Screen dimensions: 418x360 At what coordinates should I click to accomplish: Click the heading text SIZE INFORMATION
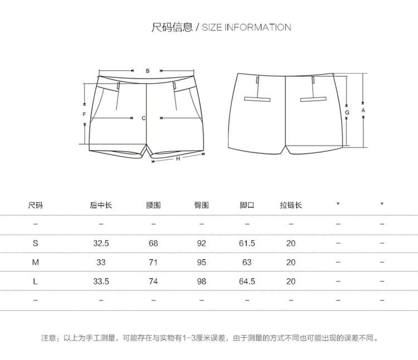tap(246, 27)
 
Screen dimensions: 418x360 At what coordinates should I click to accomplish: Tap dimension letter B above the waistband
tap(147, 71)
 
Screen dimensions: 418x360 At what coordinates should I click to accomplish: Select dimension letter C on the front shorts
tap(144, 118)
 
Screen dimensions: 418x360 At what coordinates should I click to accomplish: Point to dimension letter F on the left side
tap(84, 114)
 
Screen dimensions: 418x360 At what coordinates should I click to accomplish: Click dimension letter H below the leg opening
tap(177, 159)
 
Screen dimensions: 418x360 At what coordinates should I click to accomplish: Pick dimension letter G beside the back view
tap(347, 113)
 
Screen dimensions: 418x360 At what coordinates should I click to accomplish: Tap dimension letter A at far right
tap(363, 110)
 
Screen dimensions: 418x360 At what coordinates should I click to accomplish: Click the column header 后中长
tap(101, 205)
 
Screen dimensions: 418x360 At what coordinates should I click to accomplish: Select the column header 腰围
tap(153, 205)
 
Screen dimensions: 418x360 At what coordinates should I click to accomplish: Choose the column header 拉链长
tap(291, 205)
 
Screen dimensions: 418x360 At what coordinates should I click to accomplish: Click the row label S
tap(36, 244)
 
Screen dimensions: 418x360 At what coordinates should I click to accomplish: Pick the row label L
tap(36, 281)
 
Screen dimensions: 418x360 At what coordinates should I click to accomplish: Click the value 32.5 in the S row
tap(101, 244)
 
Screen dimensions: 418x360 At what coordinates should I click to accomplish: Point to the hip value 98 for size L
tap(202, 281)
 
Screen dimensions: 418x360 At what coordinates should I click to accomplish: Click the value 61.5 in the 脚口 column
tap(247, 244)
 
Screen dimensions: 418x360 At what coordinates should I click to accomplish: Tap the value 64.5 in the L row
tap(247, 281)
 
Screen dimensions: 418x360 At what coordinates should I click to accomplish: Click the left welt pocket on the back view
tap(257, 99)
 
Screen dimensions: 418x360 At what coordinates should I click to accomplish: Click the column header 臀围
tap(202, 205)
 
